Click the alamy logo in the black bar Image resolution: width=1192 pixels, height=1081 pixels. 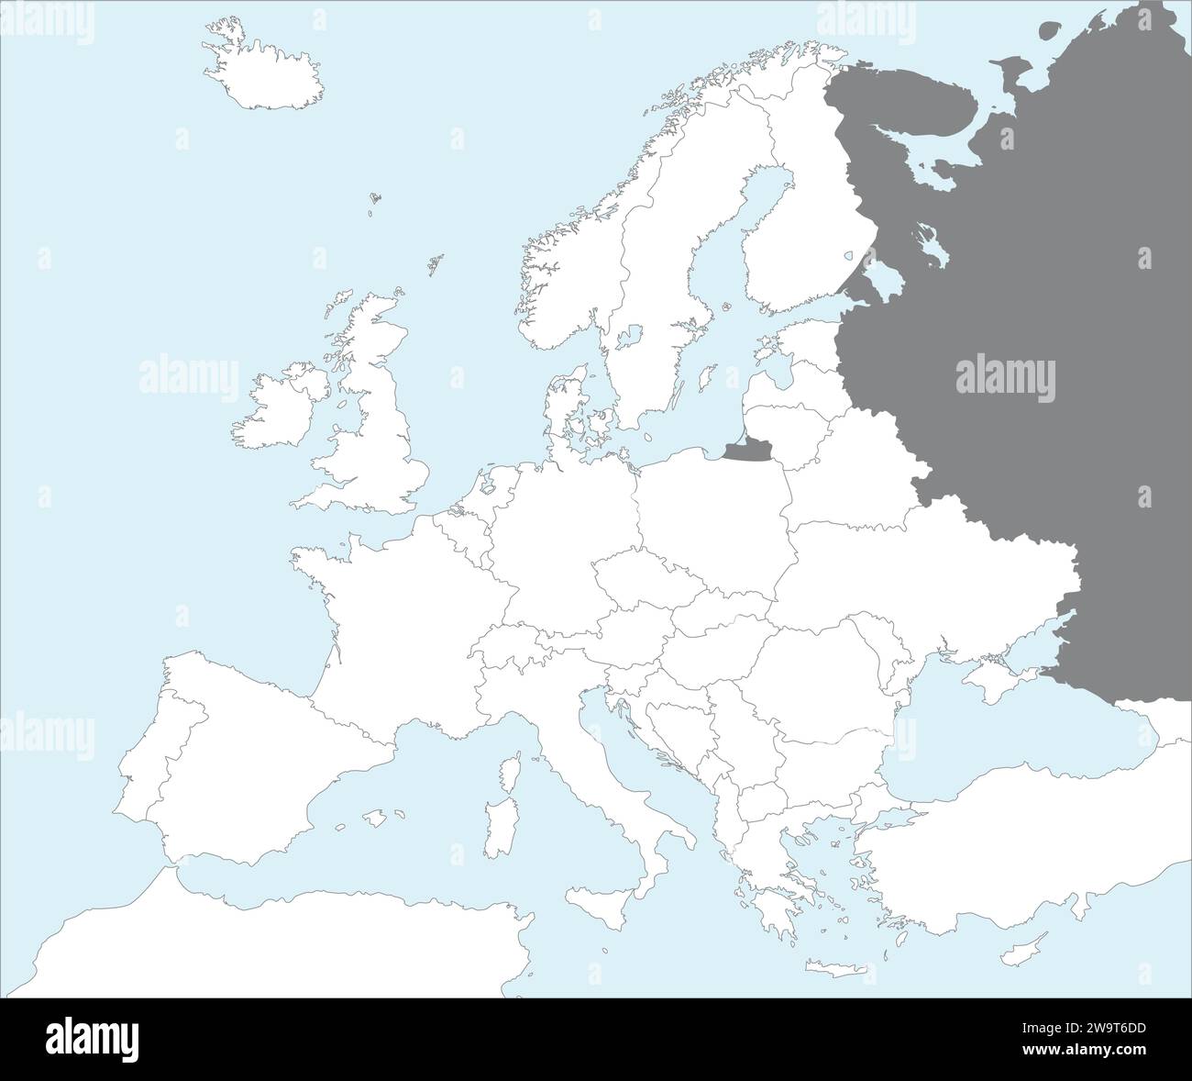click(x=92, y=1037)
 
